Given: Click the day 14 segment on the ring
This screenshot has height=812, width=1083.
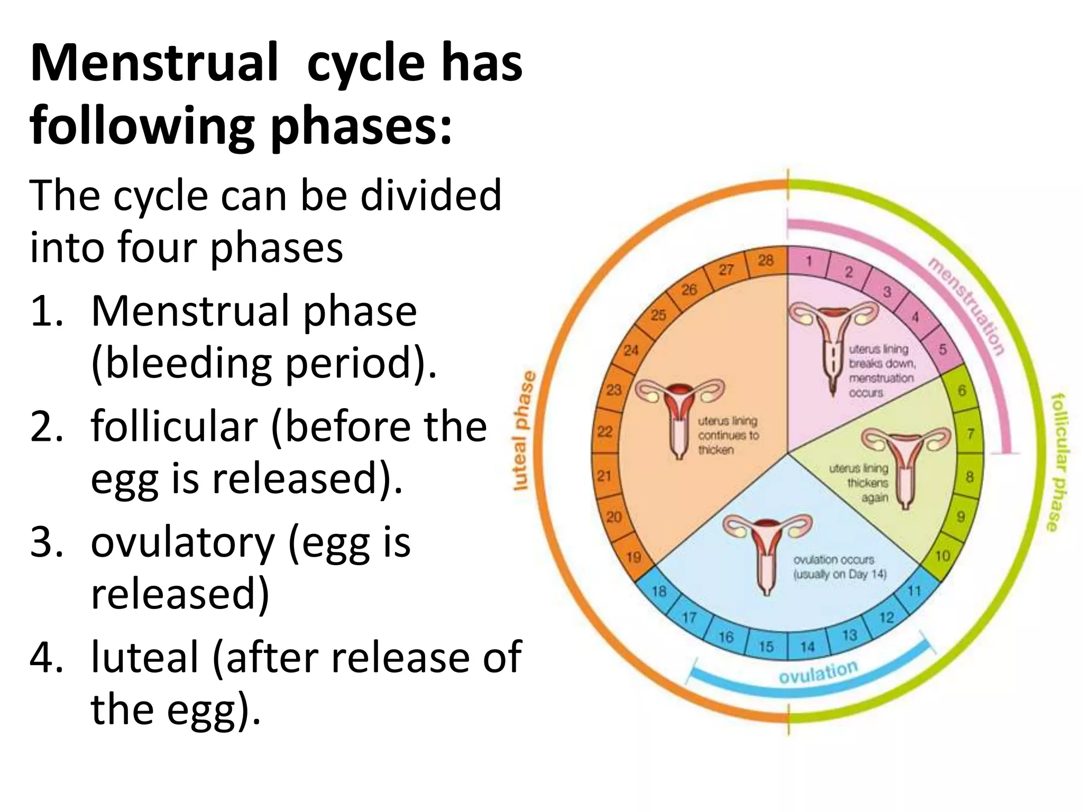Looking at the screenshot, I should pos(807,646).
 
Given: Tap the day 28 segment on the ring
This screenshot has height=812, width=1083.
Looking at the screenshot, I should pos(766,261).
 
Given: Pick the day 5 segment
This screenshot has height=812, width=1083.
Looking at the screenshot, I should pos(942,350).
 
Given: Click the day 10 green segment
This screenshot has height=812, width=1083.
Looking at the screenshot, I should pos(942,556).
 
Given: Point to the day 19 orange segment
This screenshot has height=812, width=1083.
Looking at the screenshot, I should pos(634,557).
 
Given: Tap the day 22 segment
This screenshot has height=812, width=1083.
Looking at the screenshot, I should pos(604,431).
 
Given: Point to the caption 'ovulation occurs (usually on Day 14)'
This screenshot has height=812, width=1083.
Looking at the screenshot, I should pos(839,567).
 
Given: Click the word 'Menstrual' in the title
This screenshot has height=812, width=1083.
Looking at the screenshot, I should pos(154,64).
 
